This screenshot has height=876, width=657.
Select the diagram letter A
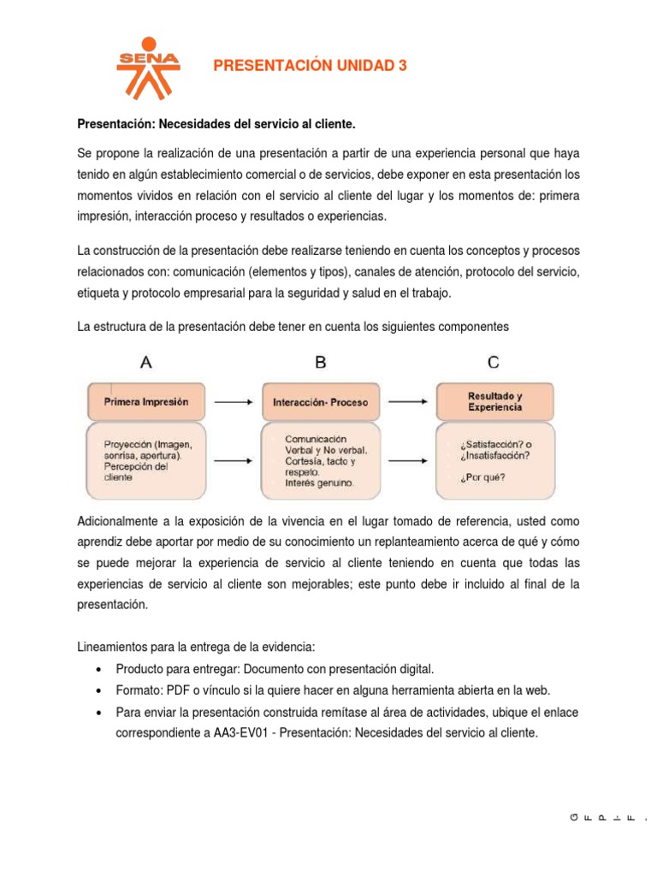146,362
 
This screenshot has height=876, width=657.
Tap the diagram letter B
320,362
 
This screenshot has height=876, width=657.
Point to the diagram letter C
494,362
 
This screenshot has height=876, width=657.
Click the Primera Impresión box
145,400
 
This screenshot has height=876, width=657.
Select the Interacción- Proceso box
320,401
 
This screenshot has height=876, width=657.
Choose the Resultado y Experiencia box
494,401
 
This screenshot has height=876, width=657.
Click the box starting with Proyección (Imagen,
145,460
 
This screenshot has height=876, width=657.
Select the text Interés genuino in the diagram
319,483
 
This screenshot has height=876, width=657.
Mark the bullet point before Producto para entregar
102,669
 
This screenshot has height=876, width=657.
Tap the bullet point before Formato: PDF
102,690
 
